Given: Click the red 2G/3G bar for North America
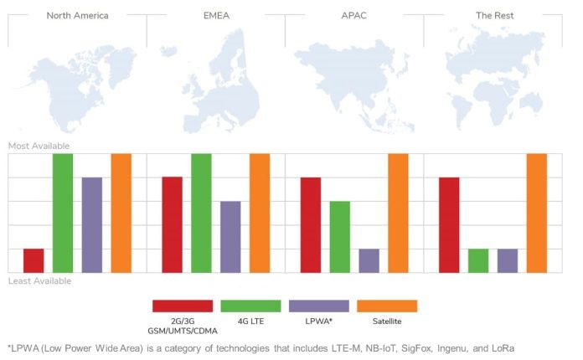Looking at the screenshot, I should click(x=34, y=260).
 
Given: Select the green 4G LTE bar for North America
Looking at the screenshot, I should click(x=63, y=213).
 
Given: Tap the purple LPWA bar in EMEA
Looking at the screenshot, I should click(x=230, y=236).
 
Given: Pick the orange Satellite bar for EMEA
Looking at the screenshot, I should click(x=260, y=213).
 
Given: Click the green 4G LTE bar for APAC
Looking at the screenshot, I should click(x=339, y=236).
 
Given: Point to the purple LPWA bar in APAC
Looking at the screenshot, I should click(x=369, y=260).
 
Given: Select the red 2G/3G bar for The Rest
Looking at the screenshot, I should click(x=449, y=224).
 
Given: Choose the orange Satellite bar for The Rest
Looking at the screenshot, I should click(x=536, y=213).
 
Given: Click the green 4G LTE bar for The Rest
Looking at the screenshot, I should click(x=478, y=260).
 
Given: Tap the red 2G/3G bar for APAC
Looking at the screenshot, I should click(x=311, y=224).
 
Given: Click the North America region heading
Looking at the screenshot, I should click(x=77, y=15).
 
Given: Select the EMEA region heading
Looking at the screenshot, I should click(x=215, y=15).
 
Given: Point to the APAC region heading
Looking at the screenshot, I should click(x=354, y=15).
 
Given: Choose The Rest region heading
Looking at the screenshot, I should click(x=493, y=15).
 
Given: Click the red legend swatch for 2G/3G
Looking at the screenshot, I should click(x=182, y=306).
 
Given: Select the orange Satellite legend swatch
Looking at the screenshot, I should click(x=387, y=306).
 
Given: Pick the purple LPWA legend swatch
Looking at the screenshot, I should click(x=318, y=306).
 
